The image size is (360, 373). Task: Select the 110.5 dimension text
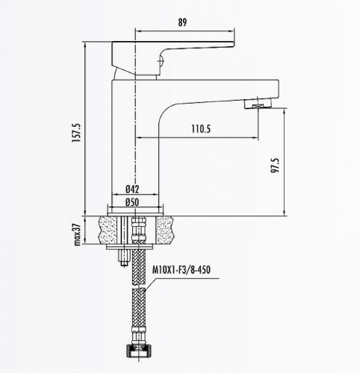(x=201, y=129)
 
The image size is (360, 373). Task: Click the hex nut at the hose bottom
(x=137, y=351)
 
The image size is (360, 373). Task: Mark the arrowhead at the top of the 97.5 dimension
(x=285, y=108)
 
